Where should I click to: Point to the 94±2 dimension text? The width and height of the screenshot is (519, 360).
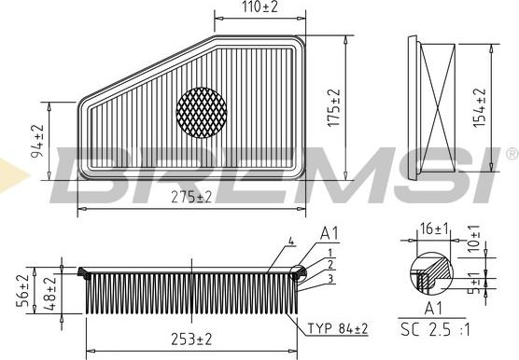38,142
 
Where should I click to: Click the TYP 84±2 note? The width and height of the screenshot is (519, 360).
337,328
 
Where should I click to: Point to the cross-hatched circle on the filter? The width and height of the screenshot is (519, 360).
202,110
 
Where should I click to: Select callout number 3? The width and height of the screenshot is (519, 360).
330,277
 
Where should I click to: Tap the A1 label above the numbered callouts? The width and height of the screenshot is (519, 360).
330,233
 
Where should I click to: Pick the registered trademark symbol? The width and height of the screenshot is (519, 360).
511,152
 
